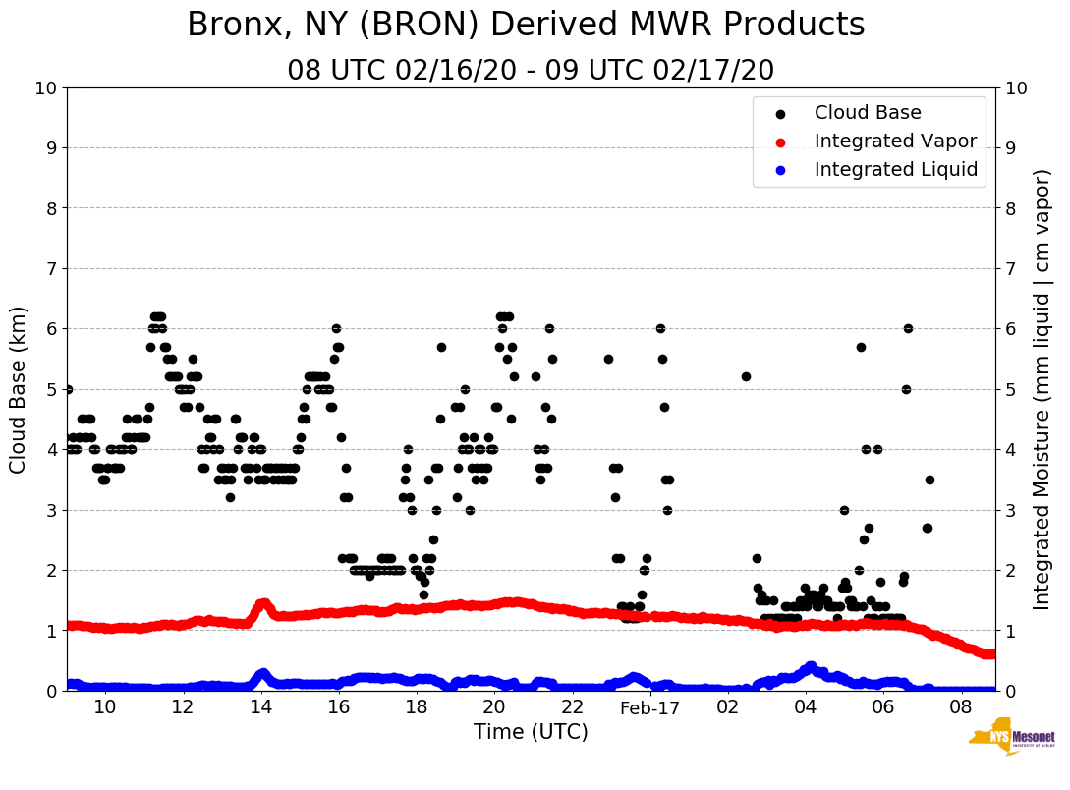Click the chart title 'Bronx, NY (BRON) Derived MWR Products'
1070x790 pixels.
tap(526, 25)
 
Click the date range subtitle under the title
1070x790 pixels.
tap(531, 71)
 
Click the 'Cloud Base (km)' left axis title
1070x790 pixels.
tap(19, 389)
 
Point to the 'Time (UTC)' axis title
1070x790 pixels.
tap(531, 732)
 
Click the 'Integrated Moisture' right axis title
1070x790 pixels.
tap(1042, 389)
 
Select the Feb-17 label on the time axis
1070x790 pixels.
tap(650, 708)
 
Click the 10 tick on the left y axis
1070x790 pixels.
tap(45, 88)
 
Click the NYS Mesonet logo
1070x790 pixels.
tap(1011, 740)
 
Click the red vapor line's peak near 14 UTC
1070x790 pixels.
tap(262, 603)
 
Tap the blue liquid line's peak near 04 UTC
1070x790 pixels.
tap(811, 666)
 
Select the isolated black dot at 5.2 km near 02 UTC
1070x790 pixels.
tap(746, 376)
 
